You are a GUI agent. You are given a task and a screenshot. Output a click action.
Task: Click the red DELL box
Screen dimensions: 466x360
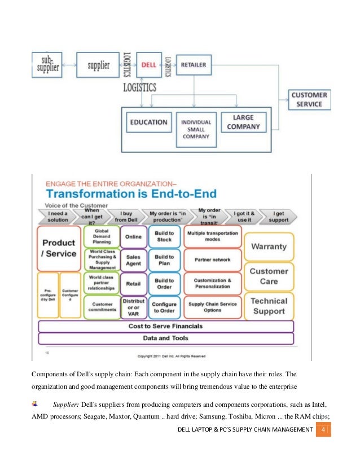click(x=149, y=65)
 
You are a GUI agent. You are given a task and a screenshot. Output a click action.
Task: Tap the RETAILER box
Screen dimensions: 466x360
click(x=193, y=65)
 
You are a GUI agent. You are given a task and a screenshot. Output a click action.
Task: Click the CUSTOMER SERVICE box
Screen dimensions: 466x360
click(x=309, y=100)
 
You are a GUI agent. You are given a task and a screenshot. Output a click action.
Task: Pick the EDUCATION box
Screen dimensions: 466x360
click(x=148, y=122)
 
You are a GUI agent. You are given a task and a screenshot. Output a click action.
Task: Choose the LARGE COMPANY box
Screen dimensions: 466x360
click(x=243, y=122)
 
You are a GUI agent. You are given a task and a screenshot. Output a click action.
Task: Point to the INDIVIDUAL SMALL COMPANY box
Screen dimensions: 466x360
click(x=196, y=129)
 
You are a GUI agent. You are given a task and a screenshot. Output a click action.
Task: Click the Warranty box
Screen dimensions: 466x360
click(x=269, y=247)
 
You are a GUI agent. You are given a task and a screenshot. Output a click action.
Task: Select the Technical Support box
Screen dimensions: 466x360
click(x=269, y=305)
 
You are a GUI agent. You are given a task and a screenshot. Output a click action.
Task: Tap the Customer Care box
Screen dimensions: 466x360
click(x=269, y=276)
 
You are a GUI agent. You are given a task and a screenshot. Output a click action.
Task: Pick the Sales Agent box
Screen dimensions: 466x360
click(x=133, y=260)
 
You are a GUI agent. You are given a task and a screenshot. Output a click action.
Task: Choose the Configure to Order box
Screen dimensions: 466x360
click(x=164, y=307)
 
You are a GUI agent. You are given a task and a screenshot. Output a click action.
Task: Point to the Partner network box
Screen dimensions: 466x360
click(x=212, y=260)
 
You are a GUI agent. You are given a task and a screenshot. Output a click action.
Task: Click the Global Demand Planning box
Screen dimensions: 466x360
click(x=102, y=236)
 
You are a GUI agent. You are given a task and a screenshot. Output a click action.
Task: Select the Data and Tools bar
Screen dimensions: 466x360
click(x=165, y=338)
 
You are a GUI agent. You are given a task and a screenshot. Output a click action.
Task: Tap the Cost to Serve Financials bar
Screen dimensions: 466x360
click(x=165, y=326)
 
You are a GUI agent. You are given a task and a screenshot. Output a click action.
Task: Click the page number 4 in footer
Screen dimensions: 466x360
click(x=323, y=431)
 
